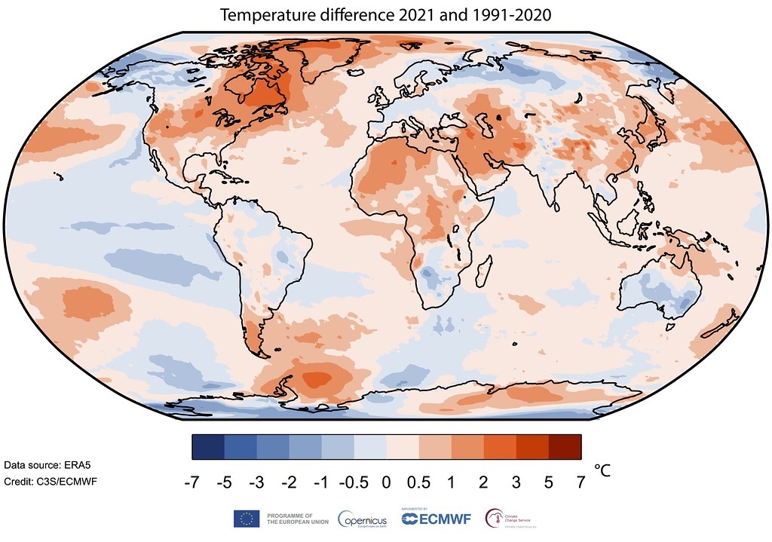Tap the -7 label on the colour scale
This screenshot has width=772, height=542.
tap(192, 484)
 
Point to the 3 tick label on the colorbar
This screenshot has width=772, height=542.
tap(516, 484)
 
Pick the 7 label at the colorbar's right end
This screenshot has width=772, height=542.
tap(581, 484)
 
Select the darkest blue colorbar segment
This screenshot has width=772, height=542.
tap(208, 447)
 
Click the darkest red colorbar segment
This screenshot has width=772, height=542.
tap(565, 447)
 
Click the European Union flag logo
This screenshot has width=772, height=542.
tap(247, 518)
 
